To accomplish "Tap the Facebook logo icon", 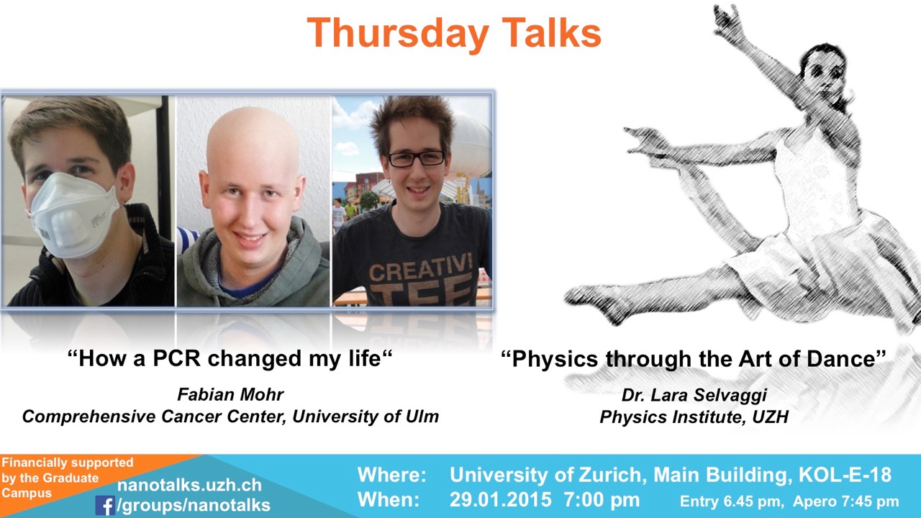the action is coord(105,505).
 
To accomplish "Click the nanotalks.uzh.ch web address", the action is coord(189,485).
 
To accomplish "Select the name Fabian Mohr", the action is coord(230,395).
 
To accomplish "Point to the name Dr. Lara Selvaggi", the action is coord(694,395).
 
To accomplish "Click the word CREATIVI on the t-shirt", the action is coord(420,268).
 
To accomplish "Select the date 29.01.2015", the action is coord(500,500).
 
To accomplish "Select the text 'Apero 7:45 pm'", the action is coord(845,501).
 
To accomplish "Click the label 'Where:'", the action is coord(392,476).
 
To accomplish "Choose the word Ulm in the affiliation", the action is coord(422,417).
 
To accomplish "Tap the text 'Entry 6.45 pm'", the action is coord(730,501).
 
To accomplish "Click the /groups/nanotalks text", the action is coord(194,505).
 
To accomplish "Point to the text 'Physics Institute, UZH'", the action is coord(694,417).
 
